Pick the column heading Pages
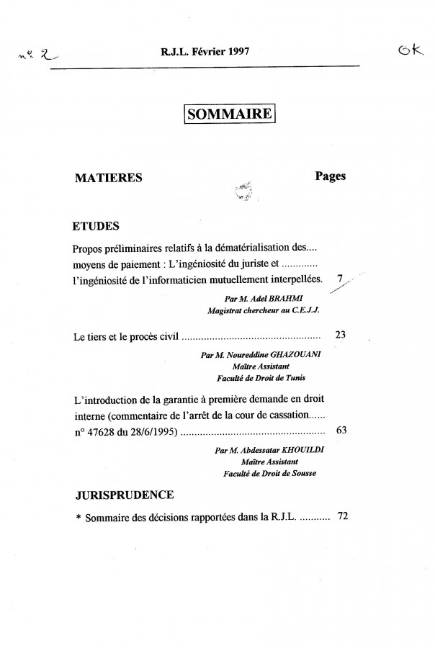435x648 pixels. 331,176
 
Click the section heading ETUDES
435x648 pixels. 96,226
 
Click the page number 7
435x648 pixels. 339,276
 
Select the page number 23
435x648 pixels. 341,335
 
